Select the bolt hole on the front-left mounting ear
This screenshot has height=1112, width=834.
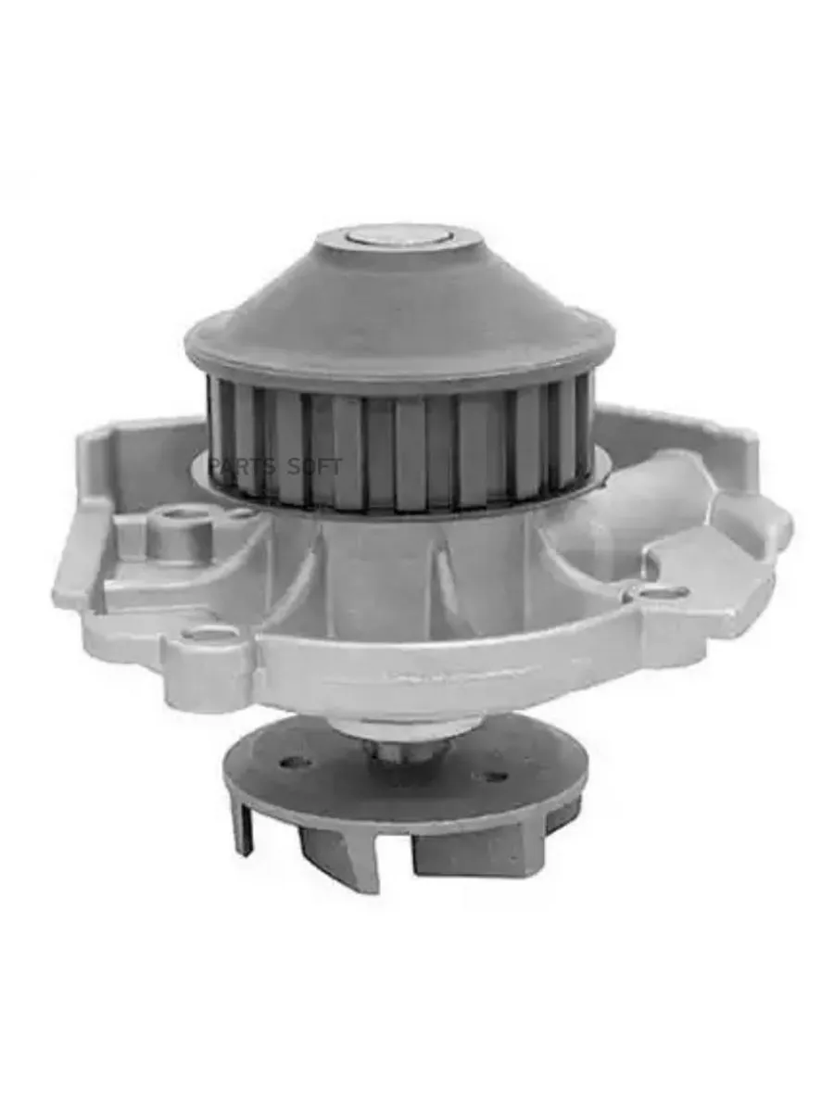tap(210, 634)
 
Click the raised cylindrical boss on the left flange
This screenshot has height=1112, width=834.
tap(180, 532)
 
